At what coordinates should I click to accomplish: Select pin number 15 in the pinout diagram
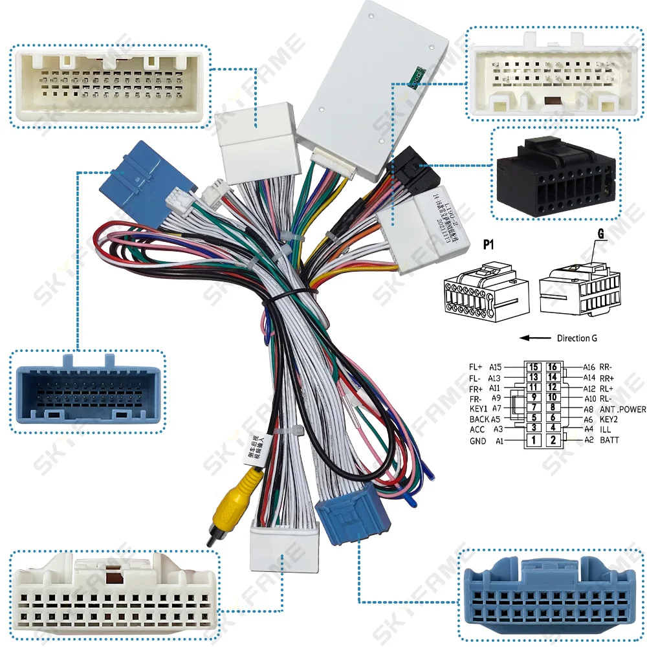533,367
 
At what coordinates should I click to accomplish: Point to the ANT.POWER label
623,409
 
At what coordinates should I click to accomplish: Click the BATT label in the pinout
609,440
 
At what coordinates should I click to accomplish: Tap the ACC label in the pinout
477,430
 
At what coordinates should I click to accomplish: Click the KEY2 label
611,419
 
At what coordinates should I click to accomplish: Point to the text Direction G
577,338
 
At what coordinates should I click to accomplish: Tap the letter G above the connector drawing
601,236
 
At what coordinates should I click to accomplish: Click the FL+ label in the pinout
476,367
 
